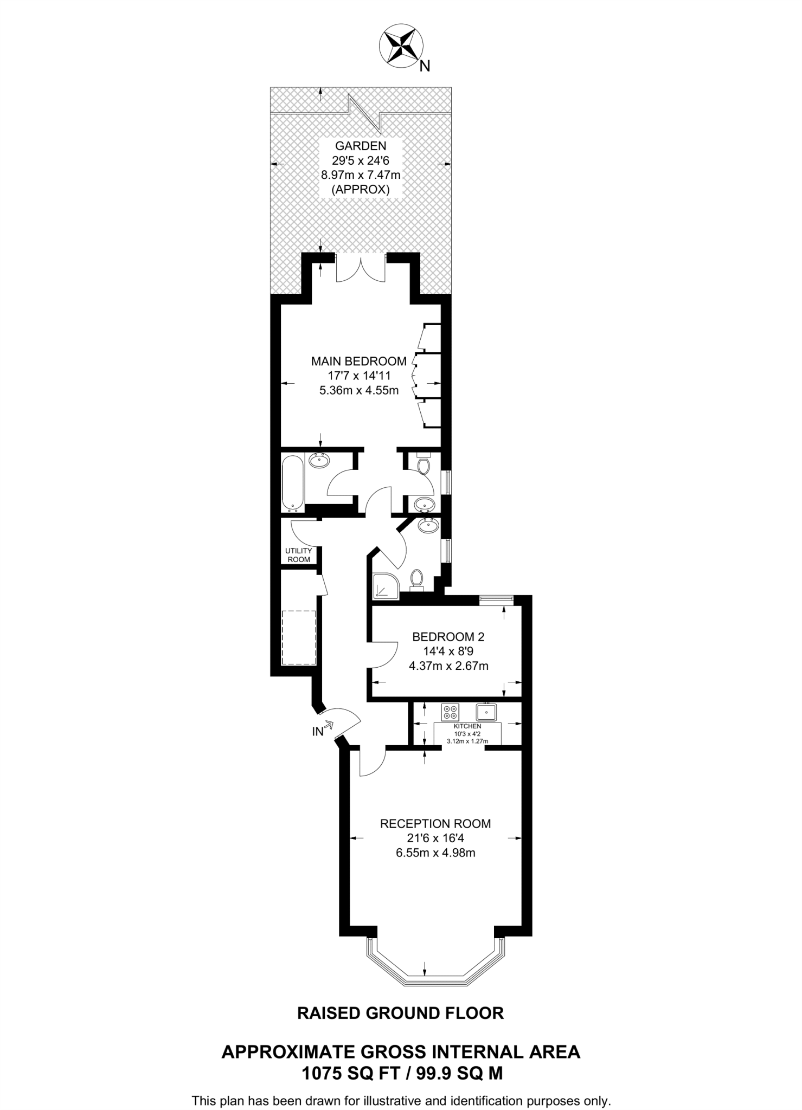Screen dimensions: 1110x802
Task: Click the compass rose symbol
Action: click(402, 46)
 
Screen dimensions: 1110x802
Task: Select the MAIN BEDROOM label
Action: click(359, 361)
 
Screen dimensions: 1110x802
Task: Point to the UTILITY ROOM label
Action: click(299, 555)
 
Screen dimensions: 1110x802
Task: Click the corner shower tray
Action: click(385, 588)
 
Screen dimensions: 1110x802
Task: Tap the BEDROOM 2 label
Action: click(448, 637)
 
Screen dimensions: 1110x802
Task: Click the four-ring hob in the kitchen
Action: click(450, 712)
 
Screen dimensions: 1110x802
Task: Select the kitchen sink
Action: click(486, 711)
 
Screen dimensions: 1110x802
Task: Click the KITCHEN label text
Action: click(467, 726)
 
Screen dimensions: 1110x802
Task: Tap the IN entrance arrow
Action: click(328, 725)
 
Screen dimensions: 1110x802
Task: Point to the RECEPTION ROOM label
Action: click(435, 824)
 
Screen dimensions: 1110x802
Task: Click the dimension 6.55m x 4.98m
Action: click(435, 853)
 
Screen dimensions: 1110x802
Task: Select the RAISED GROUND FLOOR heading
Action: click(400, 1013)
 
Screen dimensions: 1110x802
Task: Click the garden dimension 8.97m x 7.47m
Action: click(361, 175)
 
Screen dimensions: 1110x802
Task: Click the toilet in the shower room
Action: click(416, 579)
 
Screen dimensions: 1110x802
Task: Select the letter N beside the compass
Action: click(425, 66)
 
